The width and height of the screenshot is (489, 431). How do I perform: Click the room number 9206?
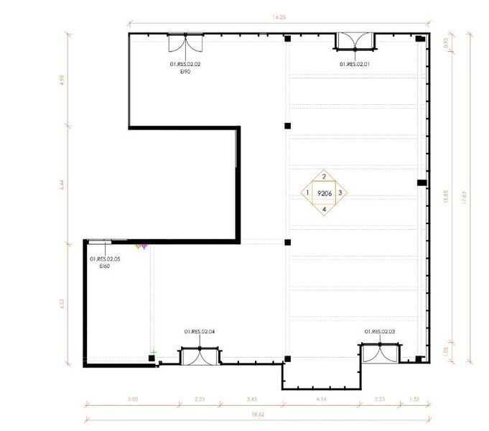coord(325,193)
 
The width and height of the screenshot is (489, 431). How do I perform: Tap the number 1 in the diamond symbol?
coord(307,193)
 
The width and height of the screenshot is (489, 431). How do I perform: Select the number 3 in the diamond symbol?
coord(340,193)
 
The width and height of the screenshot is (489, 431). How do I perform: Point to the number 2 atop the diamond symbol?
coord(325,177)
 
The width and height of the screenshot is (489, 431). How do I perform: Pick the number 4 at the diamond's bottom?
coord(325,210)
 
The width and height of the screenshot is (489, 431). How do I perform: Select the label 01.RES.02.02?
coord(185,65)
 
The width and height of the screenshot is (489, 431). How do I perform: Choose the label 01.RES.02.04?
coord(200,331)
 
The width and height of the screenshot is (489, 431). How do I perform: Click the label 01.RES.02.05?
coord(105,259)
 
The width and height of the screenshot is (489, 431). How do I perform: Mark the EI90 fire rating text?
coord(185,72)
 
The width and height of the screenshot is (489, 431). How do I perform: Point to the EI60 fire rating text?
coord(104,266)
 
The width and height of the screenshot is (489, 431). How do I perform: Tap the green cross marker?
coord(154,352)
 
